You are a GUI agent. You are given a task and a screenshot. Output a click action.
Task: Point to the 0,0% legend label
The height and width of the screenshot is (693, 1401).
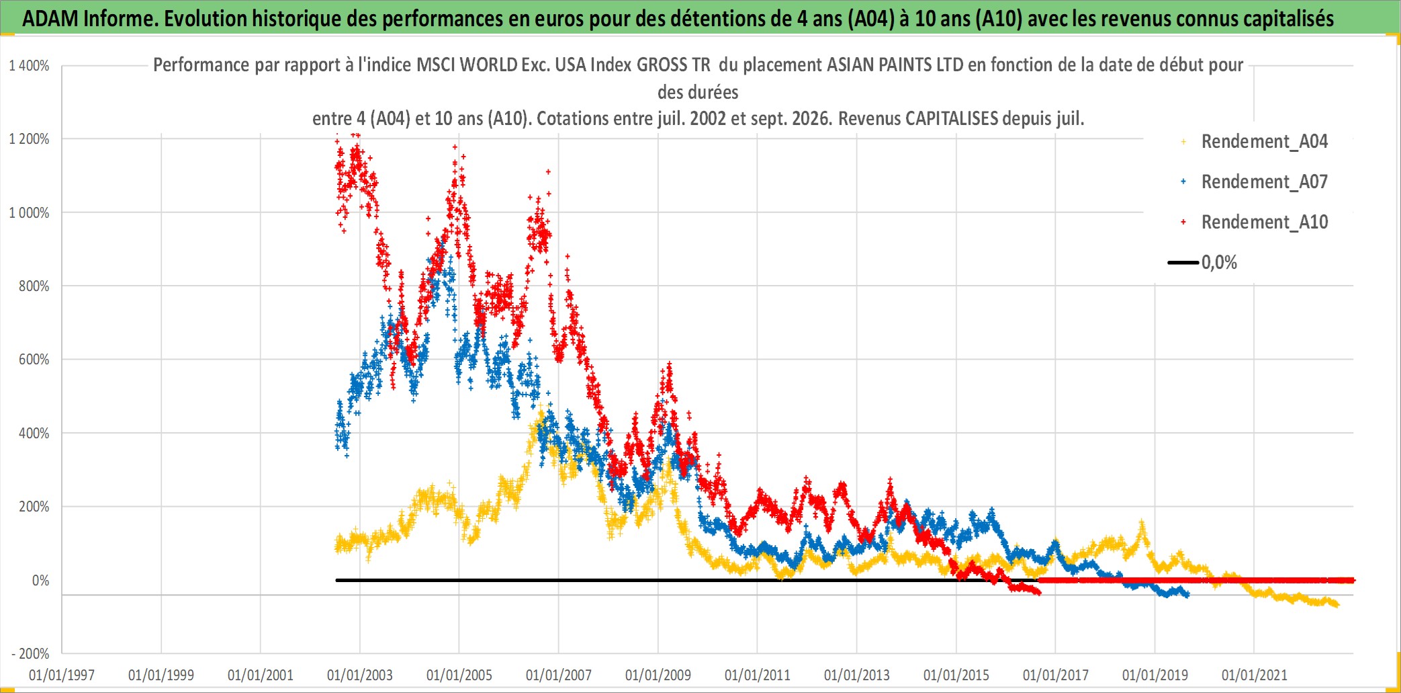click(1219, 263)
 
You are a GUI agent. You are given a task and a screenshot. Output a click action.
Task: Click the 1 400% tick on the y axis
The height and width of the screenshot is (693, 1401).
click(29, 66)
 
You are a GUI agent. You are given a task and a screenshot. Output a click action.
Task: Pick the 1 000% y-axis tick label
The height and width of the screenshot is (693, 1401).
click(29, 213)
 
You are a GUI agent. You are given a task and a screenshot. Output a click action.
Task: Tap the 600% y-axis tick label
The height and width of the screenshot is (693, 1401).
click(34, 360)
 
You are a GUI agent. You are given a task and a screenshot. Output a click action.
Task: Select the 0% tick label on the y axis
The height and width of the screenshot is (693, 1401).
click(41, 581)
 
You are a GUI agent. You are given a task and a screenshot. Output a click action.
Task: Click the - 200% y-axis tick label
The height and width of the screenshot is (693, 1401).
click(30, 654)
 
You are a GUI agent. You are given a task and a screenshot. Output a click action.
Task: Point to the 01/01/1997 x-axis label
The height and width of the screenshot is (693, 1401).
click(62, 676)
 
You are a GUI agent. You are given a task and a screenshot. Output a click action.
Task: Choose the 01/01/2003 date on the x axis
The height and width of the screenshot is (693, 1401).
click(360, 676)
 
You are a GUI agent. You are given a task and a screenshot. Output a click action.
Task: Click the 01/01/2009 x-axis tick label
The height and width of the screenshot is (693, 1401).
click(658, 676)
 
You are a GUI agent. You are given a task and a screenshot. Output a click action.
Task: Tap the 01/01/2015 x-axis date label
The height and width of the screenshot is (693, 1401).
click(956, 676)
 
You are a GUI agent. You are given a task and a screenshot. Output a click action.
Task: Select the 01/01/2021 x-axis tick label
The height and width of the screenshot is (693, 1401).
click(1255, 676)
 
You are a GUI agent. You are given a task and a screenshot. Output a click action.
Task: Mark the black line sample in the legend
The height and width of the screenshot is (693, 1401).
click(1183, 263)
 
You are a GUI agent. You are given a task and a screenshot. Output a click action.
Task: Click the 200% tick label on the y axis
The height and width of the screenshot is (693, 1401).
click(34, 507)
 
